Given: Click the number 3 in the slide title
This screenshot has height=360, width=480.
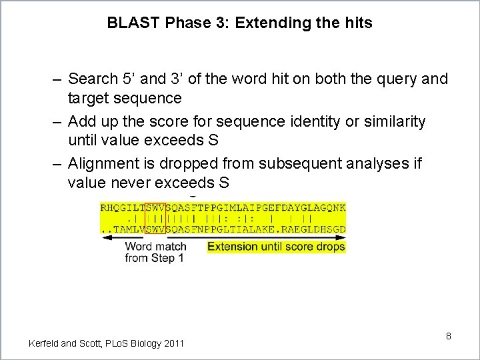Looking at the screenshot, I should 223,23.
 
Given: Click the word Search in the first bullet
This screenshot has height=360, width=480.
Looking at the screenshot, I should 91,79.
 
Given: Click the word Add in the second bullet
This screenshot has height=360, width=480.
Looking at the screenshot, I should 82,122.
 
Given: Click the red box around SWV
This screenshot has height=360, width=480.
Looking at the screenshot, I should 155,218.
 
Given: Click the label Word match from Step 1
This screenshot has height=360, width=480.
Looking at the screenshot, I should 155,252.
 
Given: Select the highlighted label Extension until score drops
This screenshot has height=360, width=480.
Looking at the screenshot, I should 276,247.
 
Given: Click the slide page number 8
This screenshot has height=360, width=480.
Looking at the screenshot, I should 449,336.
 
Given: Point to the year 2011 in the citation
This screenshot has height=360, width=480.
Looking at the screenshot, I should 173,343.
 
